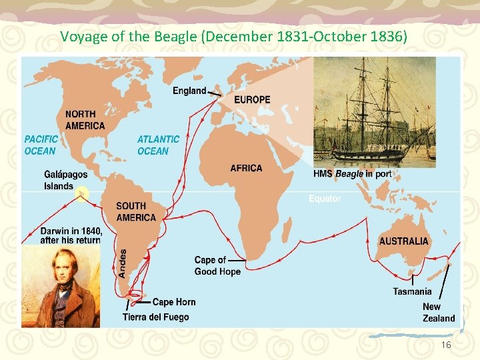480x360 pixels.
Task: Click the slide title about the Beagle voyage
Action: pos(233,36)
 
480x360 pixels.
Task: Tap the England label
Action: pos(189,91)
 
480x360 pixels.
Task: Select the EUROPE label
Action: pos(252,99)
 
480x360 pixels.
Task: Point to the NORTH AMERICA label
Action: pos(85,120)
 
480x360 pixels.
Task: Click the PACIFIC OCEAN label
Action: pos(41,145)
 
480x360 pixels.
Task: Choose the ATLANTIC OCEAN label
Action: pos(158,145)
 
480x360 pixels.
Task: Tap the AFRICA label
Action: pos(246,168)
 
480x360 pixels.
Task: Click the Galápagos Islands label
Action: pos(65,180)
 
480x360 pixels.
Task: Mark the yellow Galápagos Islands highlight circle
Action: pos(82,194)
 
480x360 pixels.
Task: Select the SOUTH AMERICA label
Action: pos(135,211)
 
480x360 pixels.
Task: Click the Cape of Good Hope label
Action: pos(217,265)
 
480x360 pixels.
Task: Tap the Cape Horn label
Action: pos(174,302)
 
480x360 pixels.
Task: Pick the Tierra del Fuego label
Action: pos(155,317)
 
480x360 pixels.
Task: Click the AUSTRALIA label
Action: pos(403,241)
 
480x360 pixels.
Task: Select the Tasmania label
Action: pos(412,291)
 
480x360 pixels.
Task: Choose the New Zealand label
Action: pos(438,312)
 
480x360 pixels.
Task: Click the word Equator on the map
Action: pos(325,198)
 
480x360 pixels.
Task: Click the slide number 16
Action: pos(446,345)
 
